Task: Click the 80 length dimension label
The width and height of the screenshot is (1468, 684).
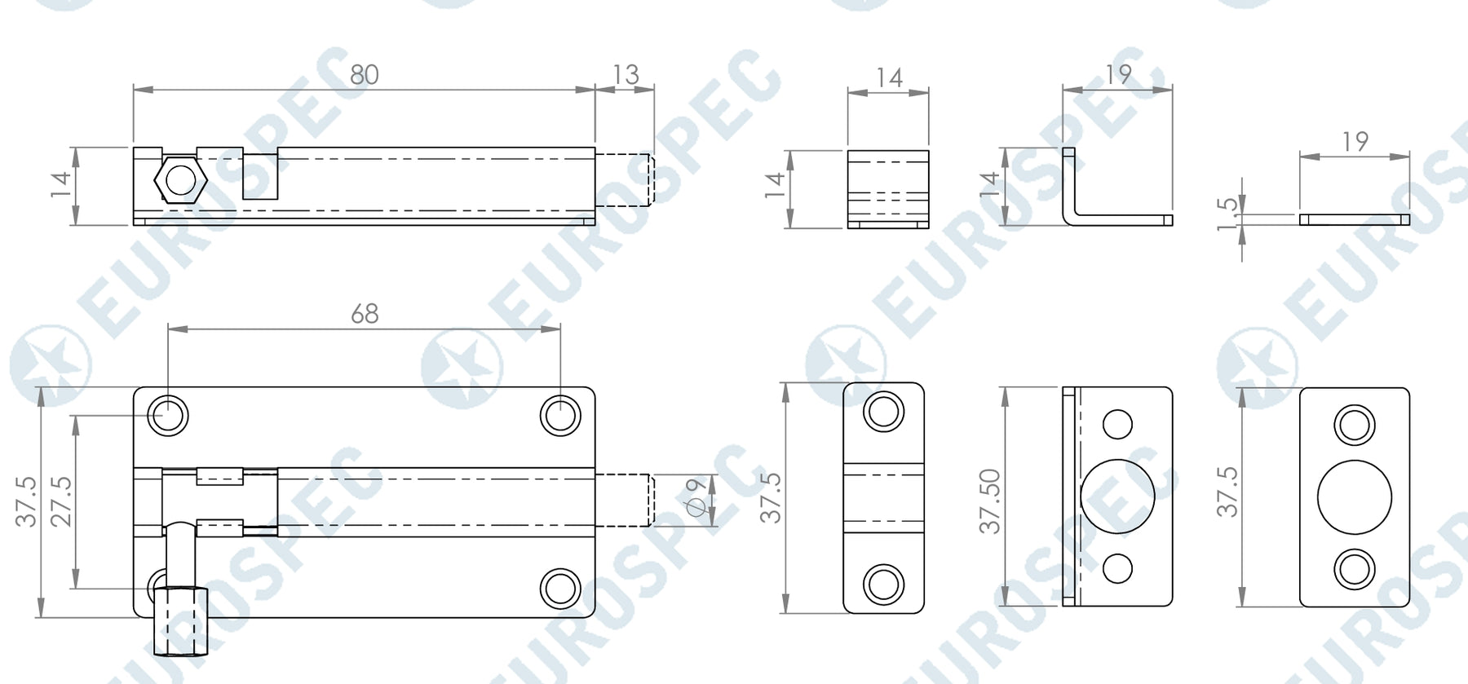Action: [365, 75]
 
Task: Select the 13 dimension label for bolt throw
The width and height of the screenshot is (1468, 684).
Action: [625, 75]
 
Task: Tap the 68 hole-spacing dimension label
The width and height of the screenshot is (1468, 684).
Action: [365, 314]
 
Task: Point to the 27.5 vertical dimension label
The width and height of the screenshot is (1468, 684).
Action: [61, 501]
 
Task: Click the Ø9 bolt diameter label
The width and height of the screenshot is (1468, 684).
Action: [696, 497]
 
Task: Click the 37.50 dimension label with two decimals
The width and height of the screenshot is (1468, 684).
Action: [989, 501]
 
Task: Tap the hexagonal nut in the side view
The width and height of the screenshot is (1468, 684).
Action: [180, 179]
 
